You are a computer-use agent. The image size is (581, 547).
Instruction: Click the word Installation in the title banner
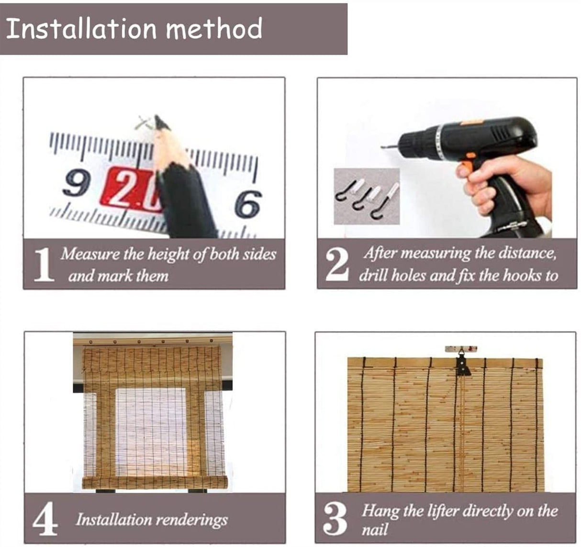(x=81, y=29)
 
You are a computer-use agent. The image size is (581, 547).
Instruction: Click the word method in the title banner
(x=214, y=29)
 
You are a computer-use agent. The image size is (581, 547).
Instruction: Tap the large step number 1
(x=44, y=265)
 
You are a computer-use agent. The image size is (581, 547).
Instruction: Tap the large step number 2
(x=337, y=265)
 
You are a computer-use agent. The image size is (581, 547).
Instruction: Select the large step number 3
(x=335, y=519)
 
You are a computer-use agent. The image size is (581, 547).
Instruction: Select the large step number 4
(x=45, y=519)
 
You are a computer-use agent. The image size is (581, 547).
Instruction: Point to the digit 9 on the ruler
(x=77, y=184)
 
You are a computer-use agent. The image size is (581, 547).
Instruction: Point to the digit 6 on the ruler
(x=248, y=202)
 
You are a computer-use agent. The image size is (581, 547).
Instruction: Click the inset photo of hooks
(x=366, y=196)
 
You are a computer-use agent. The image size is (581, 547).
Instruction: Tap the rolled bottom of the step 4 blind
(x=153, y=482)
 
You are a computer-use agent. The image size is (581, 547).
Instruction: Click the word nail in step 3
(x=374, y=530)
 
